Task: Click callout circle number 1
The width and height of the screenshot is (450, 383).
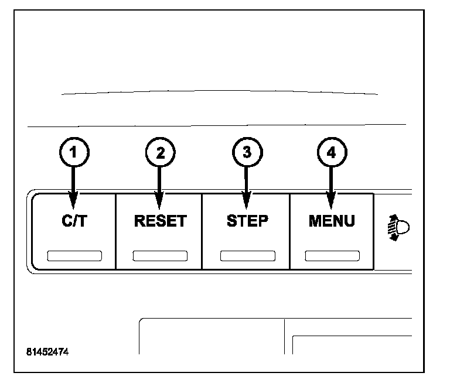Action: click(73, 153)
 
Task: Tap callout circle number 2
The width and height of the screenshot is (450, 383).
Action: click(159, 153)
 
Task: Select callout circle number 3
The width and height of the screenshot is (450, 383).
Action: click(246, 153)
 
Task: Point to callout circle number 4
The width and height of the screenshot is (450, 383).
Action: click(332, 153)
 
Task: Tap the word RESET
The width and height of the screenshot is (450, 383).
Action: click(160, 221)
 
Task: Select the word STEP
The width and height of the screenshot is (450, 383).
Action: click(247, 221)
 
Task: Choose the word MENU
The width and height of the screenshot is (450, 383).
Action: click(332, 221)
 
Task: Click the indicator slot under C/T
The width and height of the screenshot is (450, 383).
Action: click(74, 255)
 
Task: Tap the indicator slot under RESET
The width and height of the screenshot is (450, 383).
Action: click(160, 255)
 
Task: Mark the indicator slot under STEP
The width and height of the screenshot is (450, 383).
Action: click(247, 255)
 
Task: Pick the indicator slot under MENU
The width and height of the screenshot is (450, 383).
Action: click(332, 255)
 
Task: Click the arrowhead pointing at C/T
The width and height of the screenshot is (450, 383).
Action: click(73, 203)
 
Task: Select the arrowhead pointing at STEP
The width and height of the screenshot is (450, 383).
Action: click(246, 203)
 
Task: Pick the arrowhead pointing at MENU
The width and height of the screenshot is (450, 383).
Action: click(332, 203)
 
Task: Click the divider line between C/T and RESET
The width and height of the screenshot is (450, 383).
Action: click(115, 231)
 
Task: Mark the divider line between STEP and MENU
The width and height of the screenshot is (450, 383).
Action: click(289, 231)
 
